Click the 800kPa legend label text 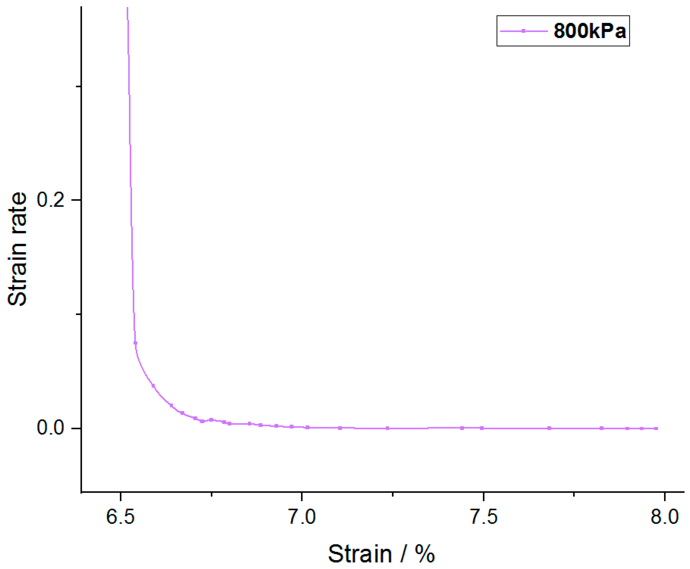(x=589, y=31)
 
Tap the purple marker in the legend (x=523, y=31)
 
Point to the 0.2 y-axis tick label (x=50, y=200)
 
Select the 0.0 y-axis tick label (x=50, y=427)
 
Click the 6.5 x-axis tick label (x=120, y=517)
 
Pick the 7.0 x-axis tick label (x=302, y=517)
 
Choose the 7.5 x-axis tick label (x=484, y=517)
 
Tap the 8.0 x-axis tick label (x=665, y=517)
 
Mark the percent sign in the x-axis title (x=424, y=554)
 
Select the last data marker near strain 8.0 (x=656, y=428)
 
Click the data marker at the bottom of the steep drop (x=135, y=343)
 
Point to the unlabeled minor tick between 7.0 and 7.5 (x=393, y=494)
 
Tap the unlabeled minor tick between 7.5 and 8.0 (x=574, y=494)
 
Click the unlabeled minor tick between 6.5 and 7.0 (x=211, y=494)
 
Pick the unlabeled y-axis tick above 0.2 (x=78, y=87)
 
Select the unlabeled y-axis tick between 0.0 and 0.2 (x=78, y=314)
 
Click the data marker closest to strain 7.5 (x=482, y=428)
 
